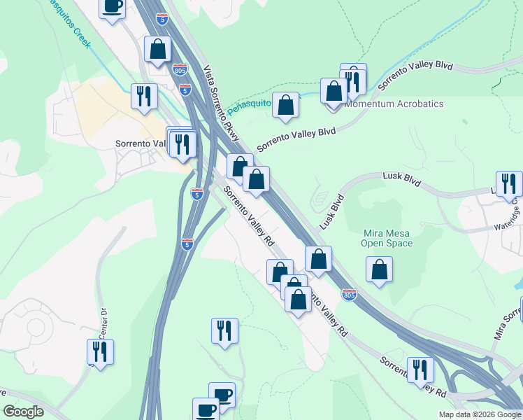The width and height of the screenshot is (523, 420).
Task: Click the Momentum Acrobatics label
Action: point(397,104)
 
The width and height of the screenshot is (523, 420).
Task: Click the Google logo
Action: point(23,412)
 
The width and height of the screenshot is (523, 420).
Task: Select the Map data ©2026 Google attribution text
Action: point(479,414)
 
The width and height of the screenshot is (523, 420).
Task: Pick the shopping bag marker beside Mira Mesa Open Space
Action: point(379,269)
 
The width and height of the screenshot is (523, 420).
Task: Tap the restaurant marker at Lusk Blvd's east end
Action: point(509,184)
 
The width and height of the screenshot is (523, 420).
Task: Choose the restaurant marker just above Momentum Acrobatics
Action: point(354,80)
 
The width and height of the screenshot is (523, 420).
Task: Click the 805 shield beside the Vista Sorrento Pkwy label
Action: point(179,69)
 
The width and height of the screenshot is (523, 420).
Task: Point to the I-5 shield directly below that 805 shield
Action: point(185,90)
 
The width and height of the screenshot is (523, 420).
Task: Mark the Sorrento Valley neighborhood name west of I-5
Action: point(141,143)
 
